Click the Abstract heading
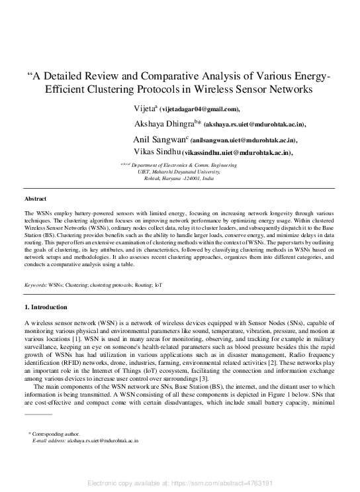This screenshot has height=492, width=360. [36, 199]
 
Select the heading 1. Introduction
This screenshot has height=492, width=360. [46, 307]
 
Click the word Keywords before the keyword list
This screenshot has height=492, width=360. [35, 285]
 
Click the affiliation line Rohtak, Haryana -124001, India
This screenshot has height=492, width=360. [181, 179]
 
